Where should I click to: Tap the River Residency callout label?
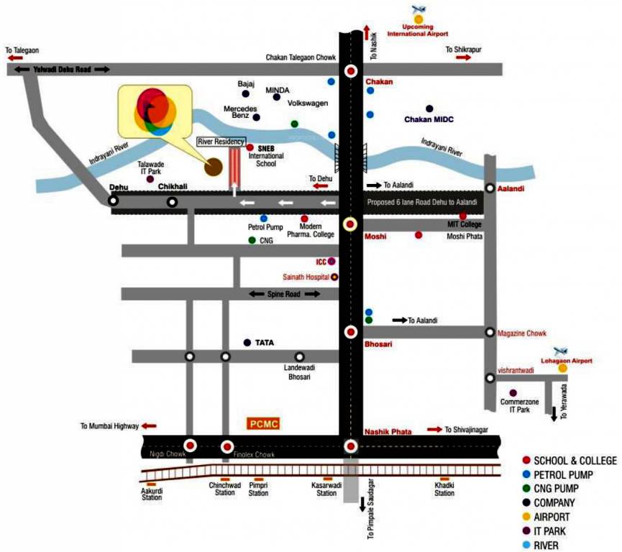[221, 142]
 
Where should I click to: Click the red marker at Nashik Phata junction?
[350, 446]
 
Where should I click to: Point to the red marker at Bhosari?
[350, 332]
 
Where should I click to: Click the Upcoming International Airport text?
[418, 31]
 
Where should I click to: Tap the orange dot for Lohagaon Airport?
[562, 369]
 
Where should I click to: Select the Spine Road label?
[284, 294]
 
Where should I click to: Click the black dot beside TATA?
[247, 343]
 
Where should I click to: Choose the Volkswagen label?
[308, 103]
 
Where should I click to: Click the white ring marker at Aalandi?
[490, 188]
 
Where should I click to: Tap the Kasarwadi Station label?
[326, 489]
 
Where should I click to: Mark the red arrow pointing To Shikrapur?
[463, 57]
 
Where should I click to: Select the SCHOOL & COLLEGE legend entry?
[575, 460]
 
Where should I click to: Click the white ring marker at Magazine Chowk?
[490, 333]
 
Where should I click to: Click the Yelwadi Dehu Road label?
[60, 70]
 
